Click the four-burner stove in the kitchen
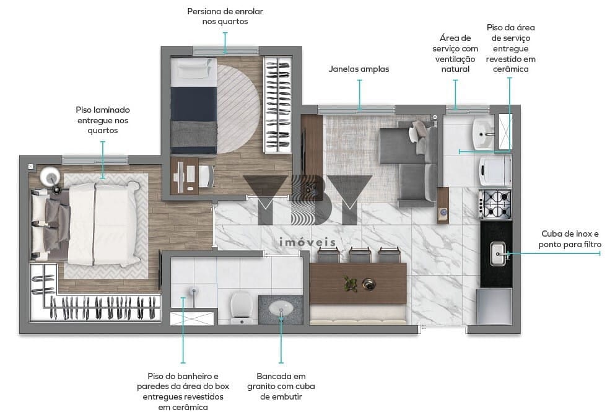[x=495, y=204]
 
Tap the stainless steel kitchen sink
[x=498, y=254]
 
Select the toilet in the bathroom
[x=241, y=307]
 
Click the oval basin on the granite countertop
[x=281, y=308]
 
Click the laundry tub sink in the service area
[x=483, y=133]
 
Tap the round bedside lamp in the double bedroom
[x=50, y=177]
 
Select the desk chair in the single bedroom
[x=206, y=176]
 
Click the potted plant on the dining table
[x=350, y=284]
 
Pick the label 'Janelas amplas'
[x=359, y=69]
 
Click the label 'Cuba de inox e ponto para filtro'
[x=570, y=239]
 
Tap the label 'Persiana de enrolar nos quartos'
[x=225, y=17]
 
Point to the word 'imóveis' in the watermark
[x=307, y=242]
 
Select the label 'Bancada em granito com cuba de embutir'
[x=281, y=387]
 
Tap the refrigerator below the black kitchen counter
[x=494, y=307]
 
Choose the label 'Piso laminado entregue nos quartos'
[x=103, y=120]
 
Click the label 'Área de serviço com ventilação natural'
[x=455, y=54]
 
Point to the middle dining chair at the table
[x=360, y=255]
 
